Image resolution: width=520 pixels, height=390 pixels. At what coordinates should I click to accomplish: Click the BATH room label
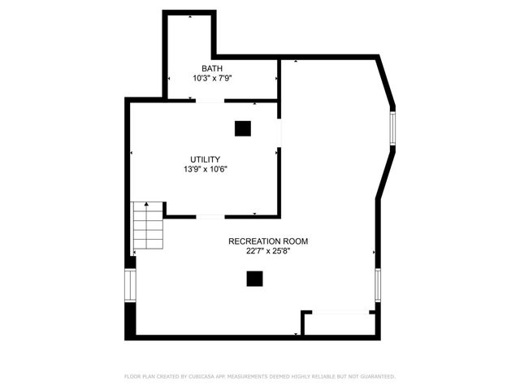211,68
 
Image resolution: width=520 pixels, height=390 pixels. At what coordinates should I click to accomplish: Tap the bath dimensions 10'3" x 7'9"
212,79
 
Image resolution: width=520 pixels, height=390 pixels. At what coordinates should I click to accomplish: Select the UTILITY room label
205,159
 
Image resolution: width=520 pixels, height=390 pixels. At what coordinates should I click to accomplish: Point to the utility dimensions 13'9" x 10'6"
205,170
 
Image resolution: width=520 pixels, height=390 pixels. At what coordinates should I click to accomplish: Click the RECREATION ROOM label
268,241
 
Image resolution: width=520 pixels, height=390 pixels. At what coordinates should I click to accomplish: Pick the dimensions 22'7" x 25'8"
268,252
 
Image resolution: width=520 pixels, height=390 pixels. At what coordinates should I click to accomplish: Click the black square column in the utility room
243,128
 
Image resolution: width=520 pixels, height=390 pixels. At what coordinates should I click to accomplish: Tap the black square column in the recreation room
255,279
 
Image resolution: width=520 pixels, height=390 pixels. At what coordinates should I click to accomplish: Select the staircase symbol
148,225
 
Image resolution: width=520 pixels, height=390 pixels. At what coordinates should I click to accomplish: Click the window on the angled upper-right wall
392,128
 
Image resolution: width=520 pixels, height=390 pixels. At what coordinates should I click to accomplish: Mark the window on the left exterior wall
128,286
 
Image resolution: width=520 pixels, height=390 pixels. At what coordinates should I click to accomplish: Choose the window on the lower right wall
378,286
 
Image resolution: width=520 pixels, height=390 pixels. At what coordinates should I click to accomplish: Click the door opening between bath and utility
210,101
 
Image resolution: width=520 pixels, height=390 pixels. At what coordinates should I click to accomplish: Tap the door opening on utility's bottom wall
210,216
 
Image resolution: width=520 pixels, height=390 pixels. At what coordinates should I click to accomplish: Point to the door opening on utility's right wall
279,133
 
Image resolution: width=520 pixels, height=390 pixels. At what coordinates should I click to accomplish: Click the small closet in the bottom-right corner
338,323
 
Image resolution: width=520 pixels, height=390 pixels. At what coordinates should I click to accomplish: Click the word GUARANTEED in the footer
375,377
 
